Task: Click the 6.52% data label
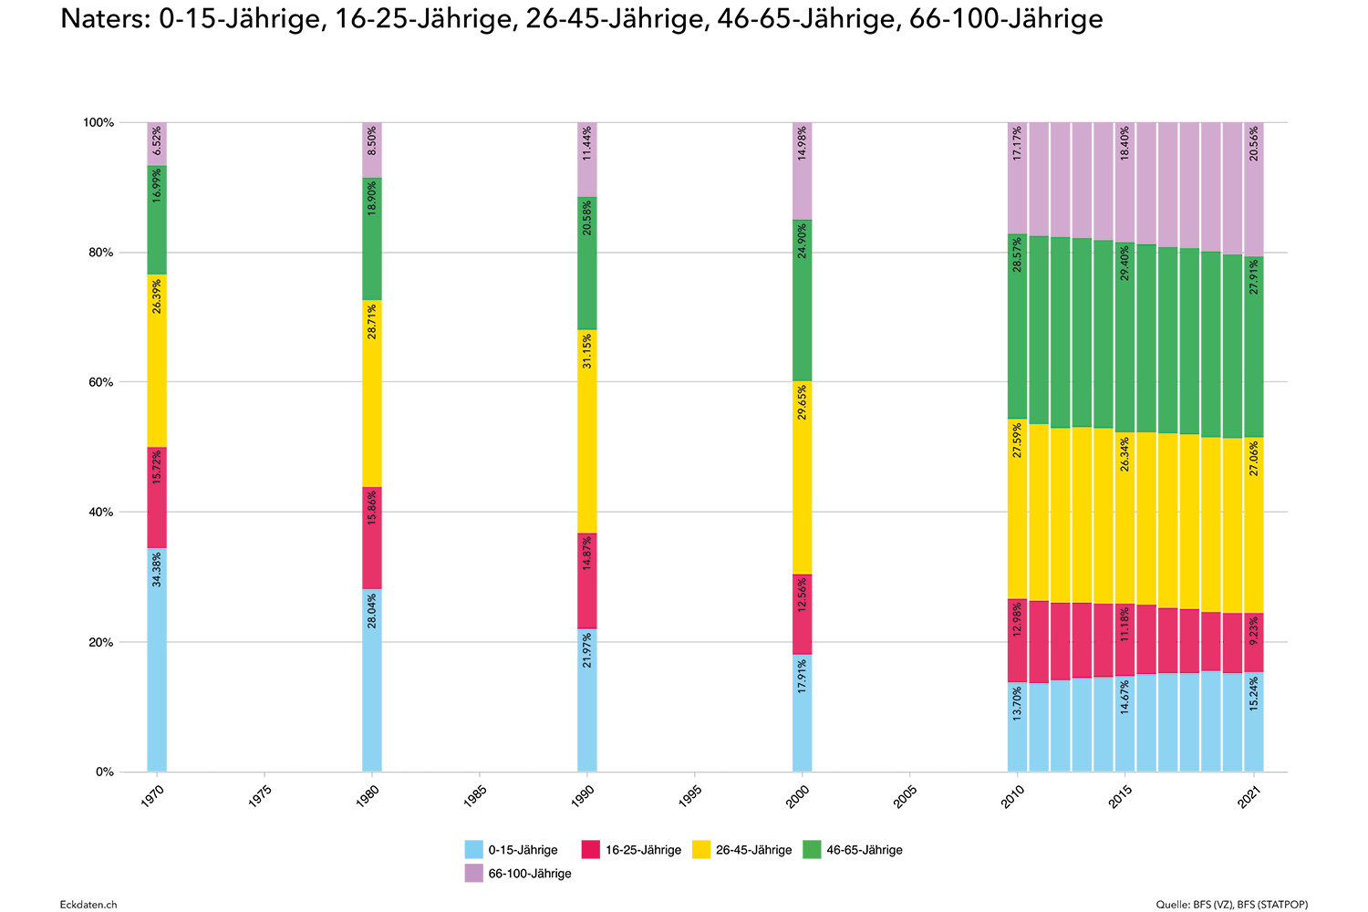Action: tap(157, 142)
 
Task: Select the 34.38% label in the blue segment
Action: tap(157, 570)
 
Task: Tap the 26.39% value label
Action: tap(157, 296)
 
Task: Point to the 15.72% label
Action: tap(157, 467)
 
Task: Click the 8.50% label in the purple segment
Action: tap(372, 142)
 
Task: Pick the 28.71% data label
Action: tap(372, 322)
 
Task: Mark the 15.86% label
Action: tap(372, 508)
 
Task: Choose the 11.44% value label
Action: tap(587, 142)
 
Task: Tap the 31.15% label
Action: tap(587, 351)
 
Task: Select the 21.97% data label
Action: tap(587, 650)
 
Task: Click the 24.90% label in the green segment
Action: tap(803, 241)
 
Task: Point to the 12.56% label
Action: tap(803, 596)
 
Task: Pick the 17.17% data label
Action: tap(1018, 142)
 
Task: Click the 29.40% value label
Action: tap(1125, 263)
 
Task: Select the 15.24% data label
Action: tap(1255, 694)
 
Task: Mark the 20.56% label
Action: tap(1255, 142)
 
